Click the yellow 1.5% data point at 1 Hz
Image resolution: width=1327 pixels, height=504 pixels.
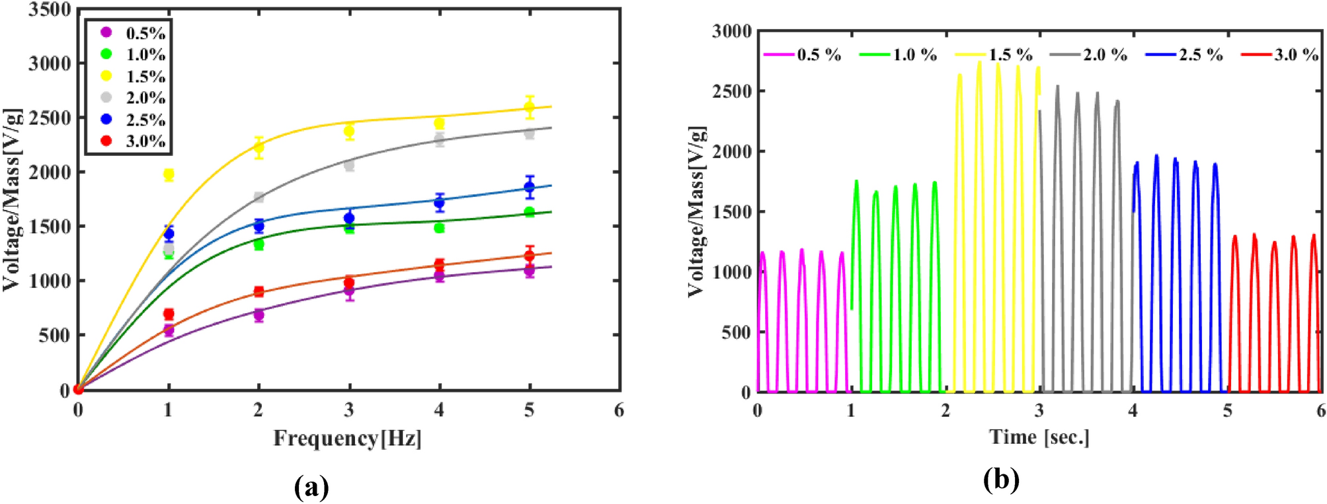pos(169,174)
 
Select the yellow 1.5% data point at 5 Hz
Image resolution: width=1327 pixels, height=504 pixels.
pos(529,107)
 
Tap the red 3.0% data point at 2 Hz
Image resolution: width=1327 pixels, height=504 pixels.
pos(259,291)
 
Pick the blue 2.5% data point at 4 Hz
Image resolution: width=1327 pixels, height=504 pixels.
pos(439,203)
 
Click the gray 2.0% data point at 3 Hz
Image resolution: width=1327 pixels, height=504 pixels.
pos(349,165)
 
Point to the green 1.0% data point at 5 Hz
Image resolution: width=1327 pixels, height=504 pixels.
pos(529,212)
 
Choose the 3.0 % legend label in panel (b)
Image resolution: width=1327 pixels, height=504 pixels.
pos(1296,55)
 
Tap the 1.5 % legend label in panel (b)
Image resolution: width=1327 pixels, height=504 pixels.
pos(1010,55)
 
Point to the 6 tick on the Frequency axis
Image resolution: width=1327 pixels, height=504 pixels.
pos(618,410)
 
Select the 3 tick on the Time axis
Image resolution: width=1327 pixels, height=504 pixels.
pos(1039,411)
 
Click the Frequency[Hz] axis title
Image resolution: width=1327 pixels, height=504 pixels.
pos(348,438)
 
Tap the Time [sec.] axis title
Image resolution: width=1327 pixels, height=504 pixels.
pos(1039,437)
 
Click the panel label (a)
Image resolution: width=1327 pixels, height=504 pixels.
pos(311,487)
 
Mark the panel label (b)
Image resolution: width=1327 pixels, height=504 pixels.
pos(1001,480)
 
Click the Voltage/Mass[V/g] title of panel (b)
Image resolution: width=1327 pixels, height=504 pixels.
pos(697,211)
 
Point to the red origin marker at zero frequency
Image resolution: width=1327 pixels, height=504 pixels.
pos(79,389)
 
